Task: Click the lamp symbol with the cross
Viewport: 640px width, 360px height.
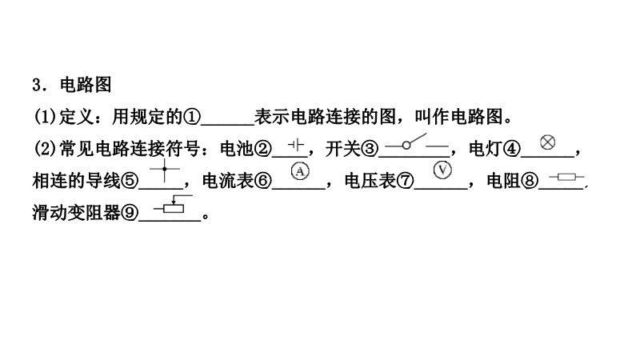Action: [x=547, y=142]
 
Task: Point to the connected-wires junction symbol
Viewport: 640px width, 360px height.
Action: [x=166, y=169]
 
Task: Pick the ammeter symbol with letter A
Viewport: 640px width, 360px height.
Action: [x=298, y=170]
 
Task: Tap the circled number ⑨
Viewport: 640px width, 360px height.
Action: [x=130, y=214]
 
